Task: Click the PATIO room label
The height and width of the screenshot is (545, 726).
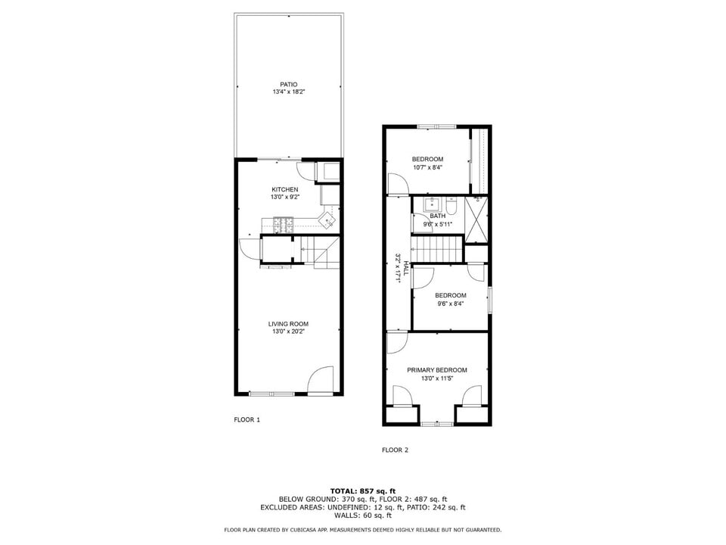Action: point(288,84)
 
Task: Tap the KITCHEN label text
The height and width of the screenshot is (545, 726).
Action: point(285,189)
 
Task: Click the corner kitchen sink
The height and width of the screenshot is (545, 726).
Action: point(327,221)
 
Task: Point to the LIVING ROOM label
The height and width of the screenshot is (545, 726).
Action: point(288,324)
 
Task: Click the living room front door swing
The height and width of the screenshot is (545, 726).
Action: point(321,379)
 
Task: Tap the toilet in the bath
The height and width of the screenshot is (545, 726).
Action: point(451,205)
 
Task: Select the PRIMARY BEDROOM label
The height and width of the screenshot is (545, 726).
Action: point(436,370)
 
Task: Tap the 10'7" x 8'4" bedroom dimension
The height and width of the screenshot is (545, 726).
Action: point(427,168)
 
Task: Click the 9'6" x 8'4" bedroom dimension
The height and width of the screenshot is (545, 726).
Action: point(450,304)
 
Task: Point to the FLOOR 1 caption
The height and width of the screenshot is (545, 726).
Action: point(247,419)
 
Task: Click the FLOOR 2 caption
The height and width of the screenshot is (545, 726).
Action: point(395,450)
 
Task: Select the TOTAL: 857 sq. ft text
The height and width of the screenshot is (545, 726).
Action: point(363,490)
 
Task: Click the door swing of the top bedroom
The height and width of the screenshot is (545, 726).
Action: point(396,183)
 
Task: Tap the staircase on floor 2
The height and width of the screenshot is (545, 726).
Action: point(436,248)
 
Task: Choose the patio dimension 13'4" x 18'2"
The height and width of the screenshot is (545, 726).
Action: point(288,92)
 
